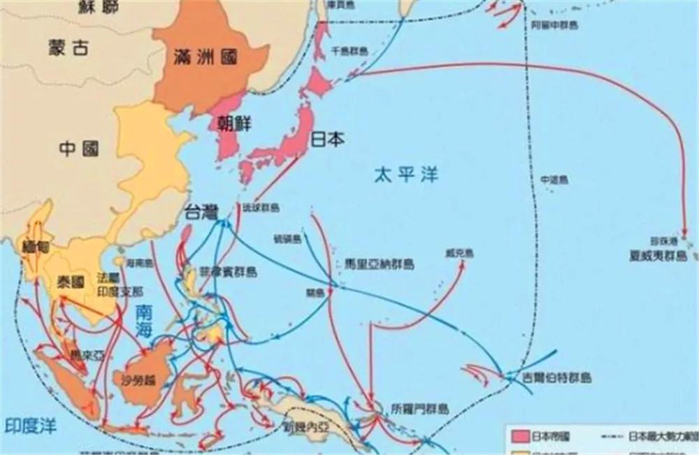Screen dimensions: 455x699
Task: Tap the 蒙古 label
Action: (x=69, y=48)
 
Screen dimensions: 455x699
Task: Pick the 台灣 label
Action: (x=203, y=210)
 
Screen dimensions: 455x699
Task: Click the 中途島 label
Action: (x=554, y=180)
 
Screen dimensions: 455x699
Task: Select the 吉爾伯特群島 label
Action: (x=557, y=377)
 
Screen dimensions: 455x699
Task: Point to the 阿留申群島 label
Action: (x=554, y=24)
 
